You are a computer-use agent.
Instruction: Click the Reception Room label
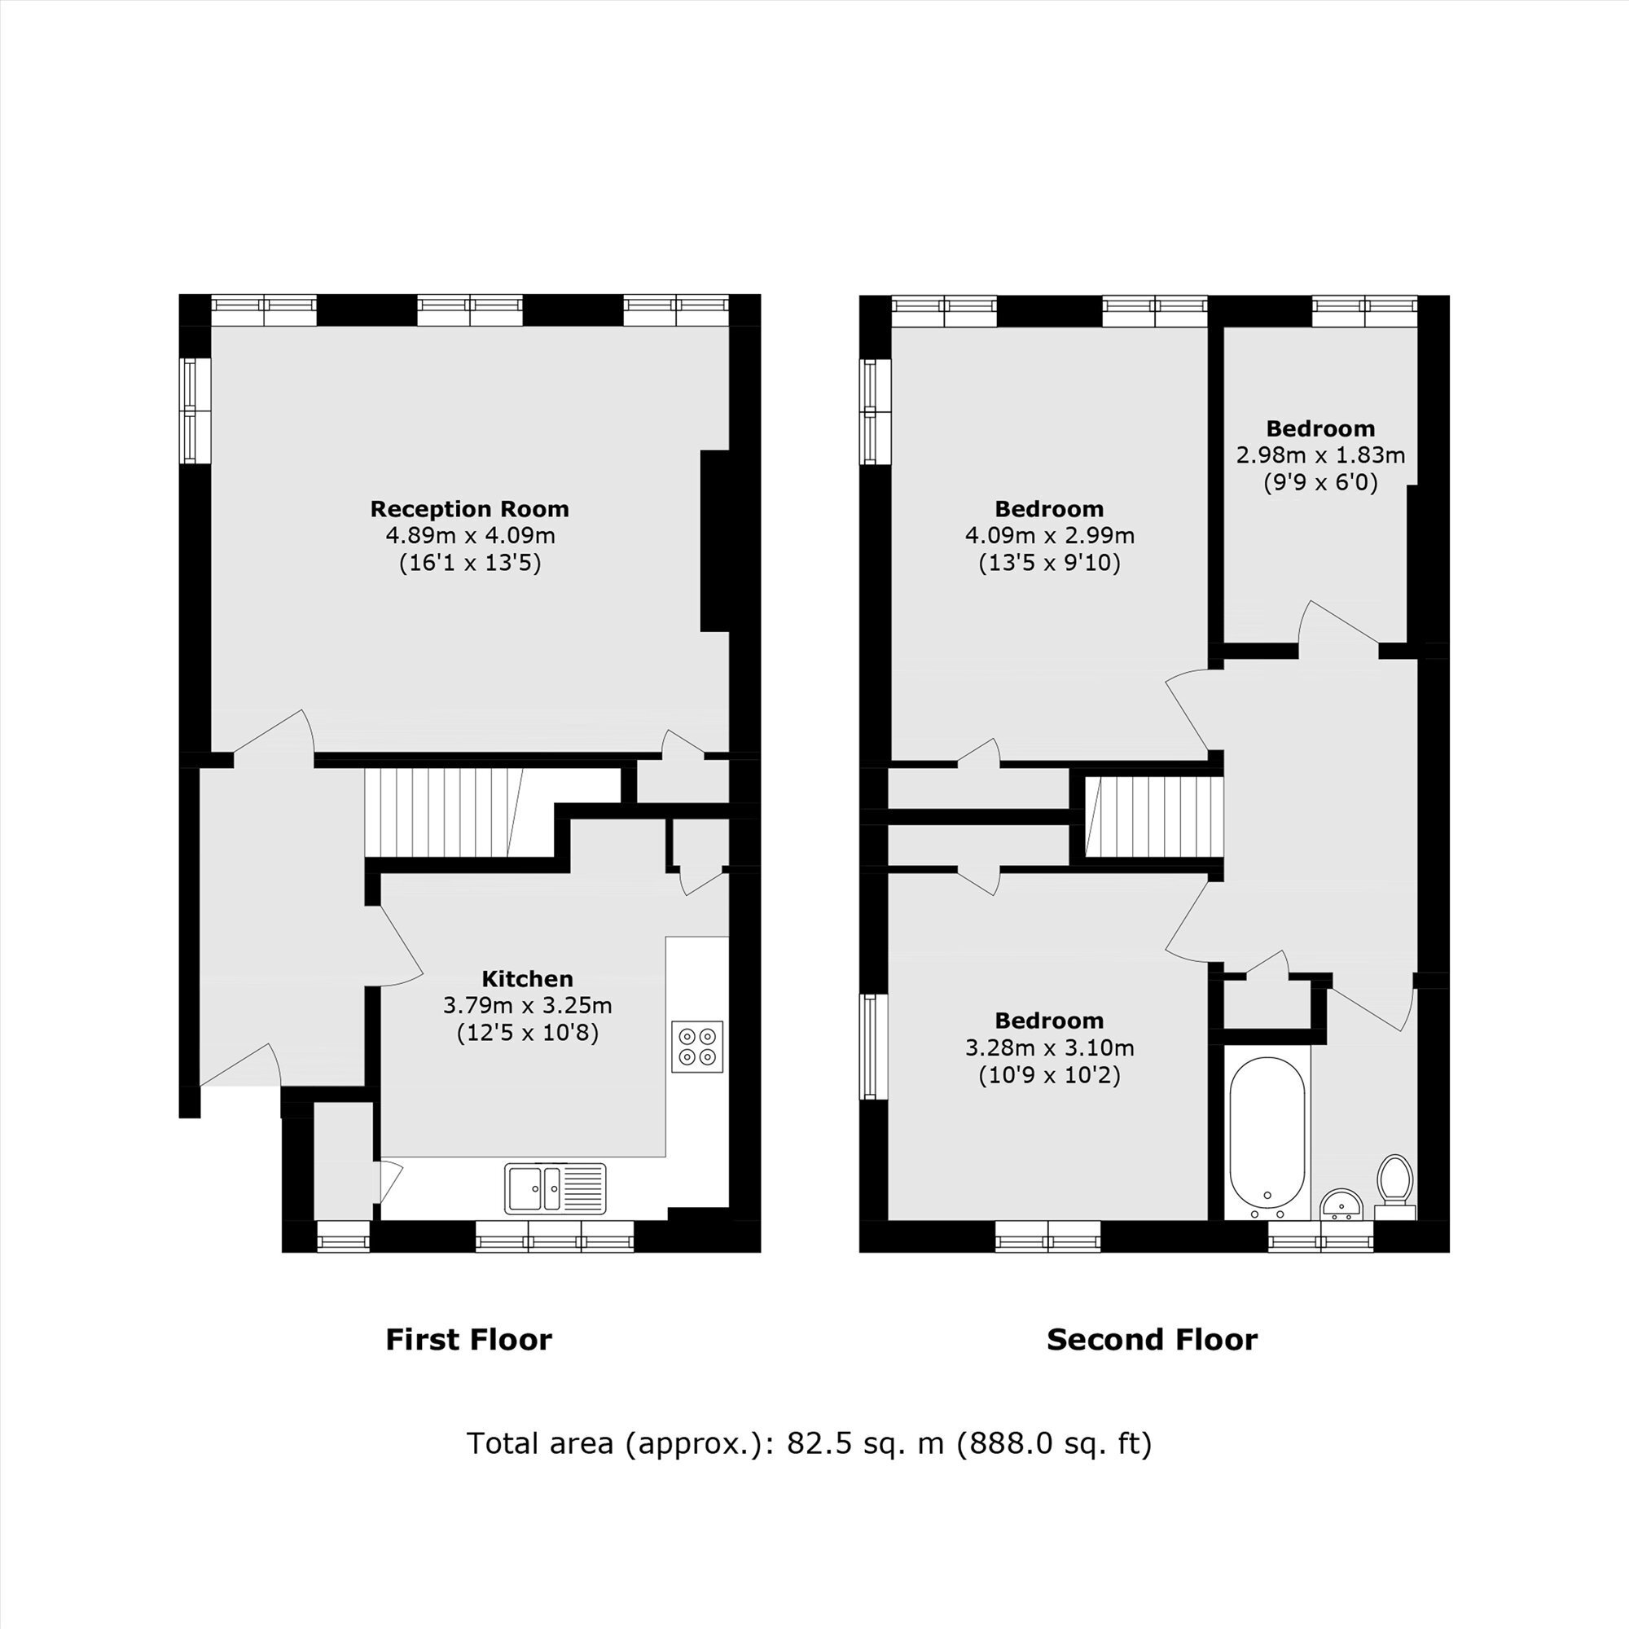[470, 509]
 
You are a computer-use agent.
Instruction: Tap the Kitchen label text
[528, 979]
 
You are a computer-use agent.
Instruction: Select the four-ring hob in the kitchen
[697, 1047]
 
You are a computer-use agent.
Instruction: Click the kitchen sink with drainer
[555, 1188]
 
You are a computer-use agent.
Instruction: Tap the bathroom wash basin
[1341, 1204]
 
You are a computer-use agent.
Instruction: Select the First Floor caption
[469, 1340]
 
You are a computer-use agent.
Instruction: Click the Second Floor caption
[1152, 1340]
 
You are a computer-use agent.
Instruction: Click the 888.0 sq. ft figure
[1054, 1444]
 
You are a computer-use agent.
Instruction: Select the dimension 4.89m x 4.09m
[470, 535]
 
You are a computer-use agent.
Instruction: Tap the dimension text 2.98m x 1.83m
[1320, 455]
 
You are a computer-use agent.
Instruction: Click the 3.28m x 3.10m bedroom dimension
[1049, 1048]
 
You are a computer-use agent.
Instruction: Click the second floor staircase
[1153, 817]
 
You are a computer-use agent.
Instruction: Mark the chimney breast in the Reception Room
[715, 541]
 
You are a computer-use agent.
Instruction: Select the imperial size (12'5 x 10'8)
[528, 1033]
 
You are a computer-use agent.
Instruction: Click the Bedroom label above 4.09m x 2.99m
[1049, 509]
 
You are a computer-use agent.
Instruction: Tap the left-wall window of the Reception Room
[195, 411]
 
